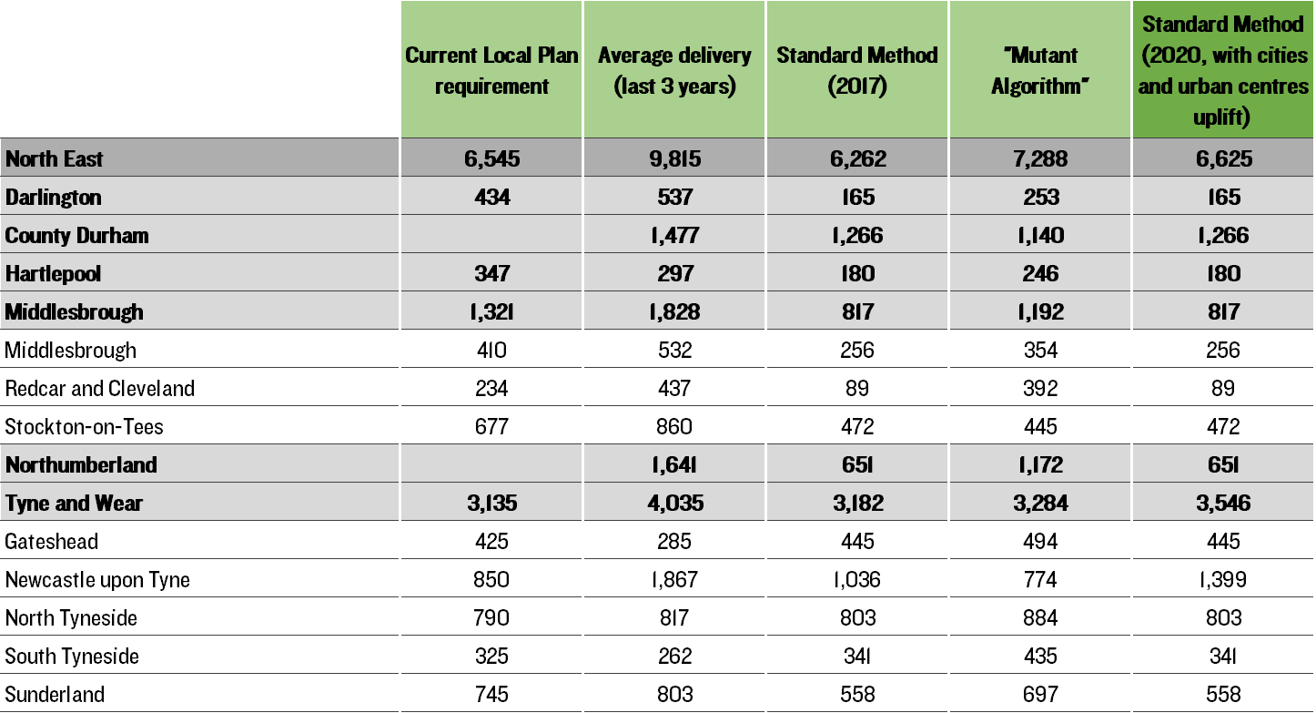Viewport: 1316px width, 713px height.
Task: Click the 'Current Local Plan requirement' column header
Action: click(491, 70)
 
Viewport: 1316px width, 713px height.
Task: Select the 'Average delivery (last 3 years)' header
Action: click(674, 70)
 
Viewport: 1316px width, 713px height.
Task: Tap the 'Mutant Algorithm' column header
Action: click(1040, 70)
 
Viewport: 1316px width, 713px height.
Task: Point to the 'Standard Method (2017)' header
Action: click(857, 70)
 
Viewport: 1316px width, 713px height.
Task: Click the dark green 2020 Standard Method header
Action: click(1223, 70)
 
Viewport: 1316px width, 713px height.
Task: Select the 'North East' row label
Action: click(54, 158)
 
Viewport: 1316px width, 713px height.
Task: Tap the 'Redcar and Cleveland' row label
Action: click(100, 389)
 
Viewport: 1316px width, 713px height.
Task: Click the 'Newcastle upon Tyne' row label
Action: click(97, 580)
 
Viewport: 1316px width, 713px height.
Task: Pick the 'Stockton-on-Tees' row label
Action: click(84, 427)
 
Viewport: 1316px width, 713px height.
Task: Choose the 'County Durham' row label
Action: click(77, 236)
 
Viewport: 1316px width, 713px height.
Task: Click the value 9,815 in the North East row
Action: click(674, 158)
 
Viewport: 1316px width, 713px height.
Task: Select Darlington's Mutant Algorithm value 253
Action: click(1040, 197)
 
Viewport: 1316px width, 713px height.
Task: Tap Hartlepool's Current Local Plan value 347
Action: click(491, 273)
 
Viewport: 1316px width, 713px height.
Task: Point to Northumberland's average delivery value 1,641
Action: click(674, 465)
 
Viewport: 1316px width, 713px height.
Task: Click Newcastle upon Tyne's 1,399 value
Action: click(1223, 580)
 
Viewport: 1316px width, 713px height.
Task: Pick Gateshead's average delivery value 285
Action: click(674, 542)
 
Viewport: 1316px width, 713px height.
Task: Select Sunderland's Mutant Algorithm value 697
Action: click(1040, 695)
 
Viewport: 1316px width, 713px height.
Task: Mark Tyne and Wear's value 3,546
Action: click(1223, 504)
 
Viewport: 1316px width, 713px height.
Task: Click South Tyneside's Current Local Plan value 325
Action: click(491, 657)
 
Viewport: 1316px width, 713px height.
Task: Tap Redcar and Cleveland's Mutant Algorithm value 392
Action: click(1040, 389)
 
